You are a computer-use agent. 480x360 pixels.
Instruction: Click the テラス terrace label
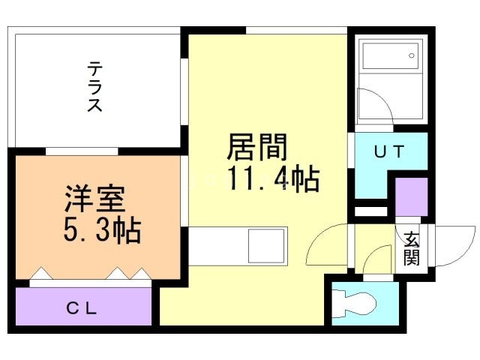point(95,87)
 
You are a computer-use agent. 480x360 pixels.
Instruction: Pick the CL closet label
point(82,307)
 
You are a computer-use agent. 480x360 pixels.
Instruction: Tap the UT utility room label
point(389,151)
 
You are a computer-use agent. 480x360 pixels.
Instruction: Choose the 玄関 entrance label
point(411,249)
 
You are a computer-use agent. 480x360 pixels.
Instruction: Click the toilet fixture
point(357,303)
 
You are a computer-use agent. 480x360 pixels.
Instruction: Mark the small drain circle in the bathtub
point(412,55)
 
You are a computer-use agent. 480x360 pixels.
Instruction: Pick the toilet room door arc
point(372,262)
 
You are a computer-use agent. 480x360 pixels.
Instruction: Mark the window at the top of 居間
point(296,31)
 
